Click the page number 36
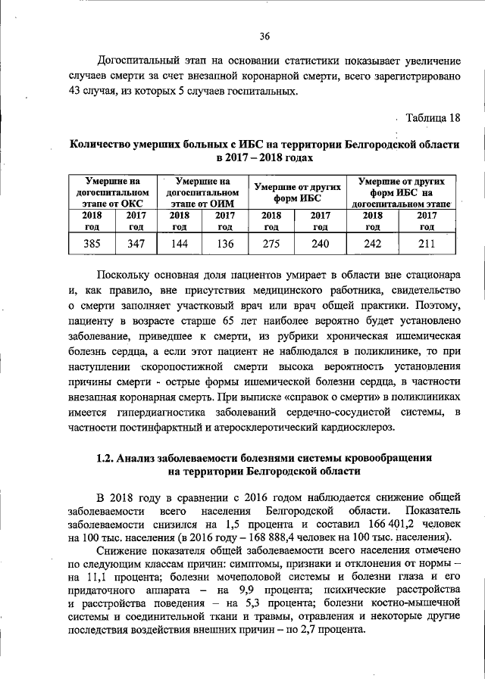(x=264, y=36)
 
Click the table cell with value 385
(x=91, y=244)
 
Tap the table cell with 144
(x=180, y=244)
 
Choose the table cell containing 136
(x=225, y=244)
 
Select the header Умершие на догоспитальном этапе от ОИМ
(x=202, y=193)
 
